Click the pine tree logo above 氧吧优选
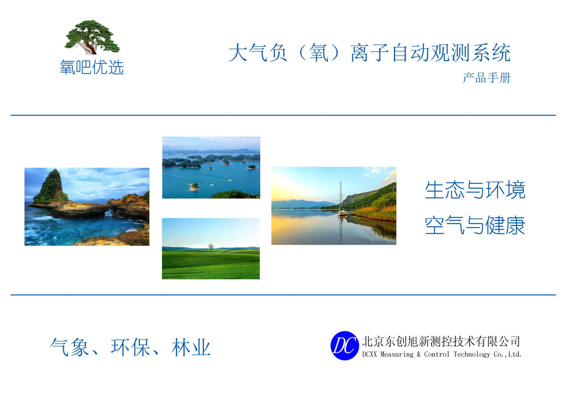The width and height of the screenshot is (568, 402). pyautogui.click(x=92, y=37)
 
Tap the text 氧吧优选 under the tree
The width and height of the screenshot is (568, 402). pyautogui.click(x=92, y=67)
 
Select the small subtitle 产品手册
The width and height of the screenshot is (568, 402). pyautogui.click(x=486, y=78)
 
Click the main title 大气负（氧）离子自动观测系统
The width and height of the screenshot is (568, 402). pyautogui.click(x=369, y=53)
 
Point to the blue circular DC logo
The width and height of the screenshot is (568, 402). pyautogui.click(x=344, y=345)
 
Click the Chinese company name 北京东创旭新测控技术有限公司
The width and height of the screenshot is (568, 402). pyautogui.click(x=441, y=341)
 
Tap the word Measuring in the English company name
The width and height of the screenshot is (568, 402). pyautogui.click(x=397, y=354)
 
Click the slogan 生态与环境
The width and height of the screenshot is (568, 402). pyautogui.click(x=475, y=189)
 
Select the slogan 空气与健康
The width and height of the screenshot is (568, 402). pyautogui.click(x=475, y=225)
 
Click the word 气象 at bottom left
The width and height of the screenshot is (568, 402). pyautogui.click(x=69, y=347)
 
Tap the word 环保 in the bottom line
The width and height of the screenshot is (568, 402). pyautogui.click(x=130, y=347)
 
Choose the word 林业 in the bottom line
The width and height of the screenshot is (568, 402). pyautogui.click(x=191, y=347)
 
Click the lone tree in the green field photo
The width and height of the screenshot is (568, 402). pyautogui.click(x=211, y=248)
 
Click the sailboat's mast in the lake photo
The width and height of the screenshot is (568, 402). pyautogui.click(x=341, y=196)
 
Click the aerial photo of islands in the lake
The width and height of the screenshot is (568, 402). pyautogui.click(x=211, y=168)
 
